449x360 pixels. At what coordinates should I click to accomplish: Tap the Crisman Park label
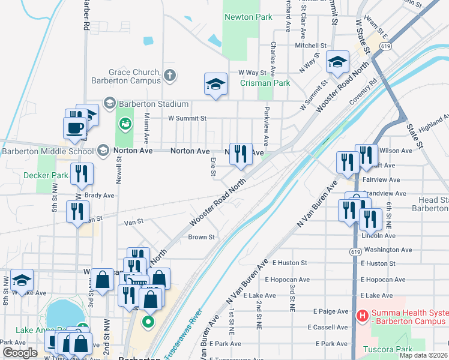(265, 83)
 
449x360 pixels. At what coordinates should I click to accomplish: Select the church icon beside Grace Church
(170, 76)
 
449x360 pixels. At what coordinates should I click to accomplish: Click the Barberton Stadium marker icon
(109, 104)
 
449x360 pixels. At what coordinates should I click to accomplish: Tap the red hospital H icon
(362, 314)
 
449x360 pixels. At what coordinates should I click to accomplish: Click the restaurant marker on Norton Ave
(241, 153)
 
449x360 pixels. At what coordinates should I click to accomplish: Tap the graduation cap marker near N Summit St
(337, 61)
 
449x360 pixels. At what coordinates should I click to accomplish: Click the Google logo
(20, 353)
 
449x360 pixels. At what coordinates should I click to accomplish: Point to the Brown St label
(201, 237)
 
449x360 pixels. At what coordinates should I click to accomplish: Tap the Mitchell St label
(310, 45)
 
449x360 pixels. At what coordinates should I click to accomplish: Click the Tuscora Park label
(391, 349)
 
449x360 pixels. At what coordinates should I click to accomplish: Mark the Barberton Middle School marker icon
(104, 151)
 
